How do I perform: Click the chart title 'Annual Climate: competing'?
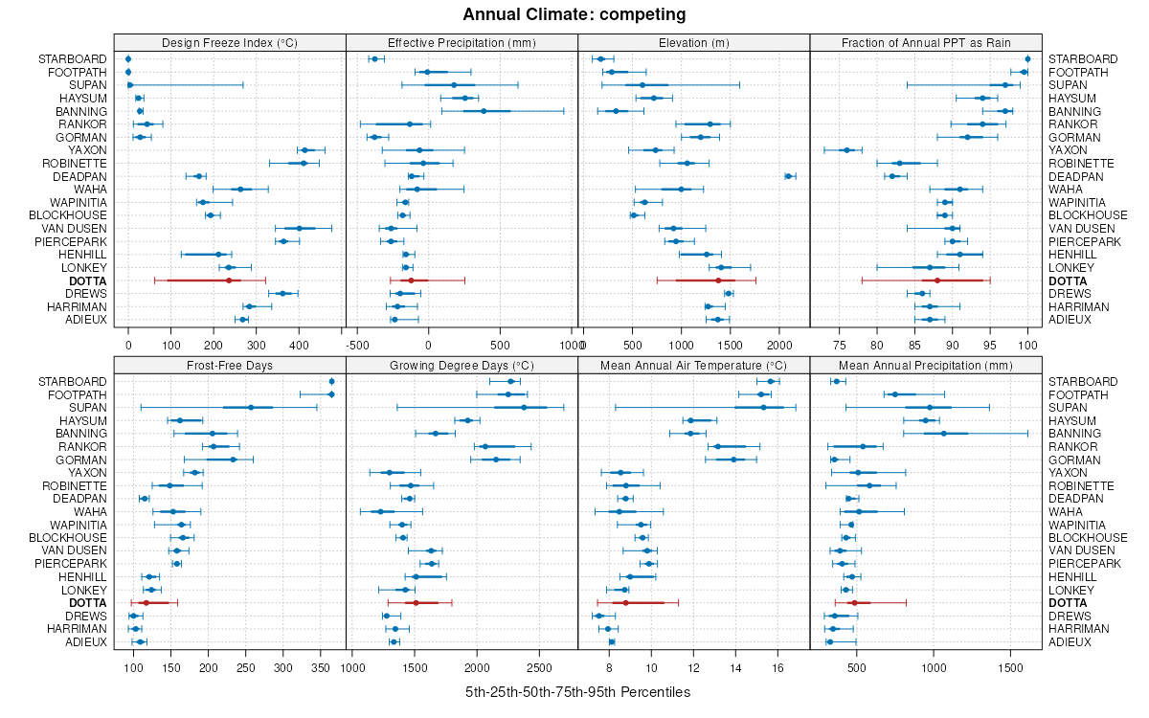[x=574, y=14]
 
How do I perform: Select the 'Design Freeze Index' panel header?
[x=229, y=42]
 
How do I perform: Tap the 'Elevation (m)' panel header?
[x=693, y=42]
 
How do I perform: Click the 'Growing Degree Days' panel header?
[x=462, y=365]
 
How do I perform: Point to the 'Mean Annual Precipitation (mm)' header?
[x=925, y=365]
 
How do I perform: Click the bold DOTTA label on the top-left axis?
[x=88, y=280]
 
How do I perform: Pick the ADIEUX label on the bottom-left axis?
[x=86, y=641]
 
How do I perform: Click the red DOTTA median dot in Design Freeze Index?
[x=229, y=280]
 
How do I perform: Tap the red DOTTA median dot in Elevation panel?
[x=718, y=280]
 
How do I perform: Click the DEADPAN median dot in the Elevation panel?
[x=788, y=176]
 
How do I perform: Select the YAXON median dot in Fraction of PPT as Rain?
[x=846, y=150]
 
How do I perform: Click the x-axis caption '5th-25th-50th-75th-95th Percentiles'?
[x=577, y=692]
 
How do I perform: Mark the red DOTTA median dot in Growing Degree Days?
[x=416, y=603]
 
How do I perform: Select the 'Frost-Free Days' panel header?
[x=229, y=365]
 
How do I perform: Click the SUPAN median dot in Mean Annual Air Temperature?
[x=763, y=408]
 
